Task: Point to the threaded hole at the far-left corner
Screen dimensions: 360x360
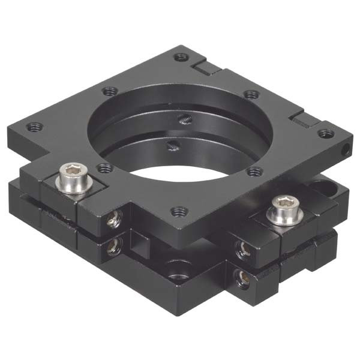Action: click(35, 127)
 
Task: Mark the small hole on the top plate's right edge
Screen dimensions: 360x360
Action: click(346, 146)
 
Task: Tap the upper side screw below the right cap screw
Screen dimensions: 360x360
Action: click(241, 248)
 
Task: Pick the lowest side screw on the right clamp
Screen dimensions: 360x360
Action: click(242, 277)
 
